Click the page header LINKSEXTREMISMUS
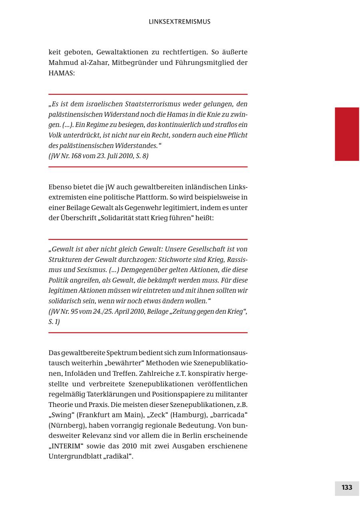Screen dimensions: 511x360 pyautogui.click(x=180, y=22)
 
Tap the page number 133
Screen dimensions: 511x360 pyautogui.click(x=347, y=487)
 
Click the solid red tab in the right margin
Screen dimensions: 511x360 pyautogui.click(x=347, y=134)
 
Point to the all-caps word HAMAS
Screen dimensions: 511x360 pyautogui.click(x=62, y=73)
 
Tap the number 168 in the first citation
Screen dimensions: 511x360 pyautogui.click(x=79, y=156)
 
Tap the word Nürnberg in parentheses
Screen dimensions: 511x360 pyautogui.click(x=66, y=425)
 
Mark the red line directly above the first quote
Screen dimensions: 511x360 pyautogui.click(x=148, y=94)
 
